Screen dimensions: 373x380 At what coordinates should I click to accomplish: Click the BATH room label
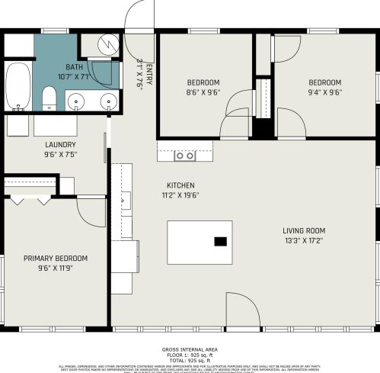point(74,67)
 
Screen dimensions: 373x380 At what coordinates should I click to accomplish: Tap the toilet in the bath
point(49,97)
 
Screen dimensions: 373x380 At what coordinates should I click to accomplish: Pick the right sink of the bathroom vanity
point(108,101)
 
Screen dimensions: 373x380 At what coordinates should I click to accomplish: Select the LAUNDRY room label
point(61,144)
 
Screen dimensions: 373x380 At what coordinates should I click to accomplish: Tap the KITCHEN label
point(180,185)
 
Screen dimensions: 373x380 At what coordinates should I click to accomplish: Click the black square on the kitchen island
point(220,242)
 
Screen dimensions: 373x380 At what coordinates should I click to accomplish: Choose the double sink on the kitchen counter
point(184,156)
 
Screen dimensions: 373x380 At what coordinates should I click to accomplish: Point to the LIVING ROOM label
point(304,230)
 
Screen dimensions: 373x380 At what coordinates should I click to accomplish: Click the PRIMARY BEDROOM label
point(55,259)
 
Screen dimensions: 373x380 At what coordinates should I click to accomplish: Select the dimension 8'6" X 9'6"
point(203,92)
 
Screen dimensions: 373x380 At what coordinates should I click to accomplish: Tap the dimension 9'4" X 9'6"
point(324,92)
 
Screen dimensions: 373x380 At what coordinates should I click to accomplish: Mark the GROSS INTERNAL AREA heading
point(190,350)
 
